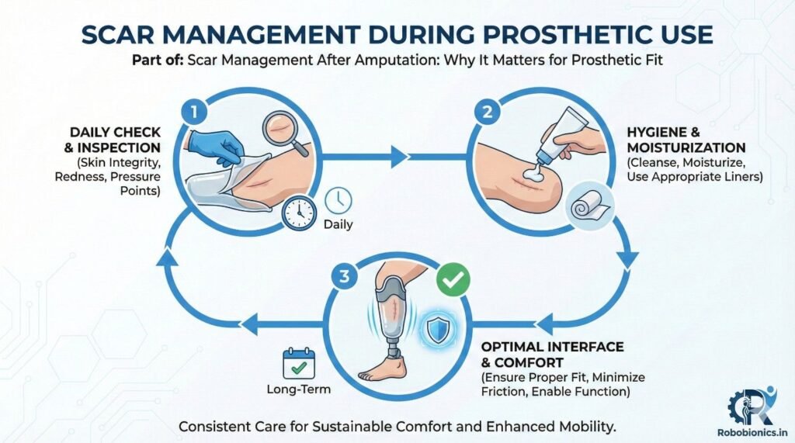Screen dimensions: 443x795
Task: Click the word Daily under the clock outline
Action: (337, 225)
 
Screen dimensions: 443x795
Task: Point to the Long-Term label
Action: (298, 389)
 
